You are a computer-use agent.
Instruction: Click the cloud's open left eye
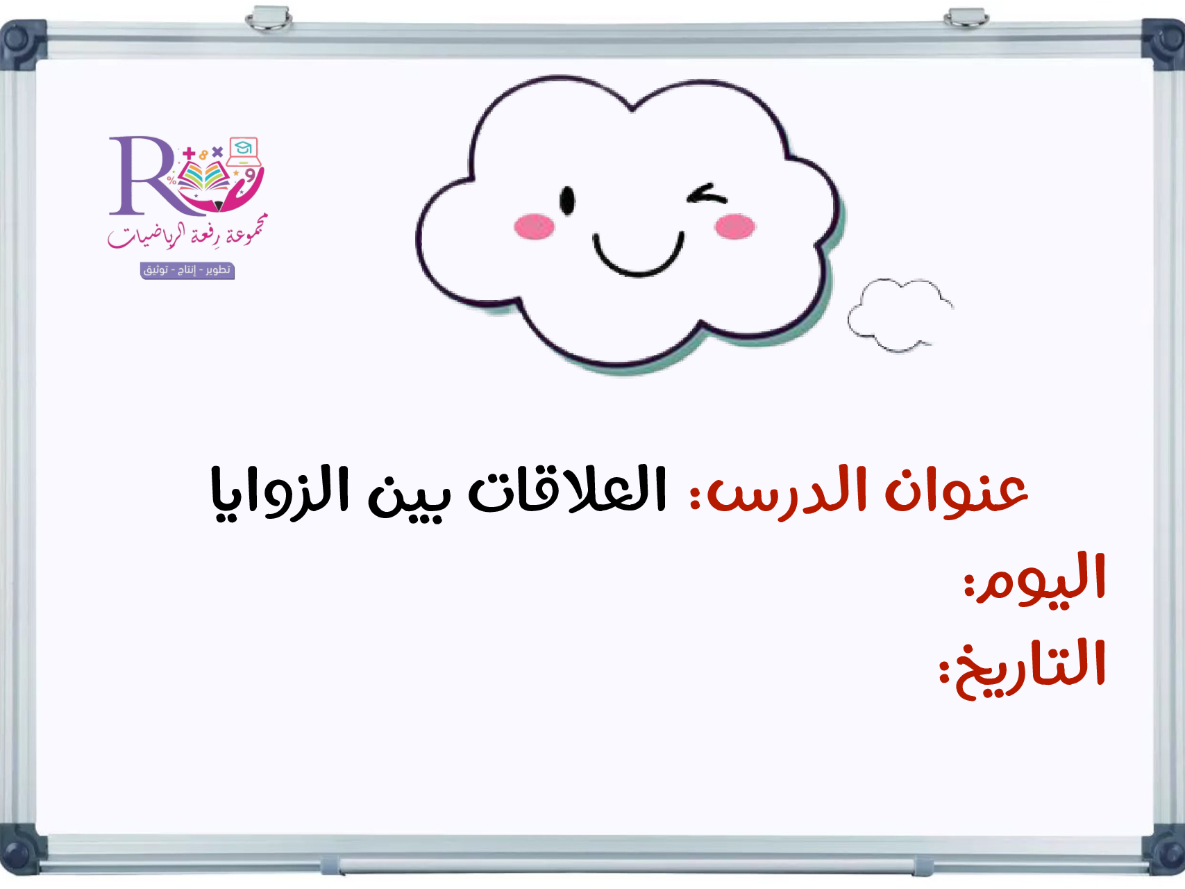pyautogui.click(x=567, y=201)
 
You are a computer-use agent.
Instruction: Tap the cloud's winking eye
pyautogui.click(x=707, y=194)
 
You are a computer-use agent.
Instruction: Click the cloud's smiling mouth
pyautogui.click(x=638, y=257)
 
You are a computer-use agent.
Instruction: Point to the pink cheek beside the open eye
pyautogui.click(x=535, y=226)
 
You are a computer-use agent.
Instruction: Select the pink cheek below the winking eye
pyautogui.click(x=734, y=226)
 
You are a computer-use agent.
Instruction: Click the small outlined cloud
pyautogui.click(x=900, y=315)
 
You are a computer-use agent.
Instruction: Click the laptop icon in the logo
pyautogui.click(x=244, y=151)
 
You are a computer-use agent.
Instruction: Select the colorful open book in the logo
pyautogui.click(x=203, y=176)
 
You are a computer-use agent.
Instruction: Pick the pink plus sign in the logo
pyautogui.click(x=189, y=153)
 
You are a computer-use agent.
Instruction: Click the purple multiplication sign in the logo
pyautogui.click(x=217, y=151)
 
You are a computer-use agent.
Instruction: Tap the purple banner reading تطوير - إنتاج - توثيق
pyautogui.click(x=187, y=270)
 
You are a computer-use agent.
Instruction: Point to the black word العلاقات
pyautogui.click(x=568, y=490)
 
